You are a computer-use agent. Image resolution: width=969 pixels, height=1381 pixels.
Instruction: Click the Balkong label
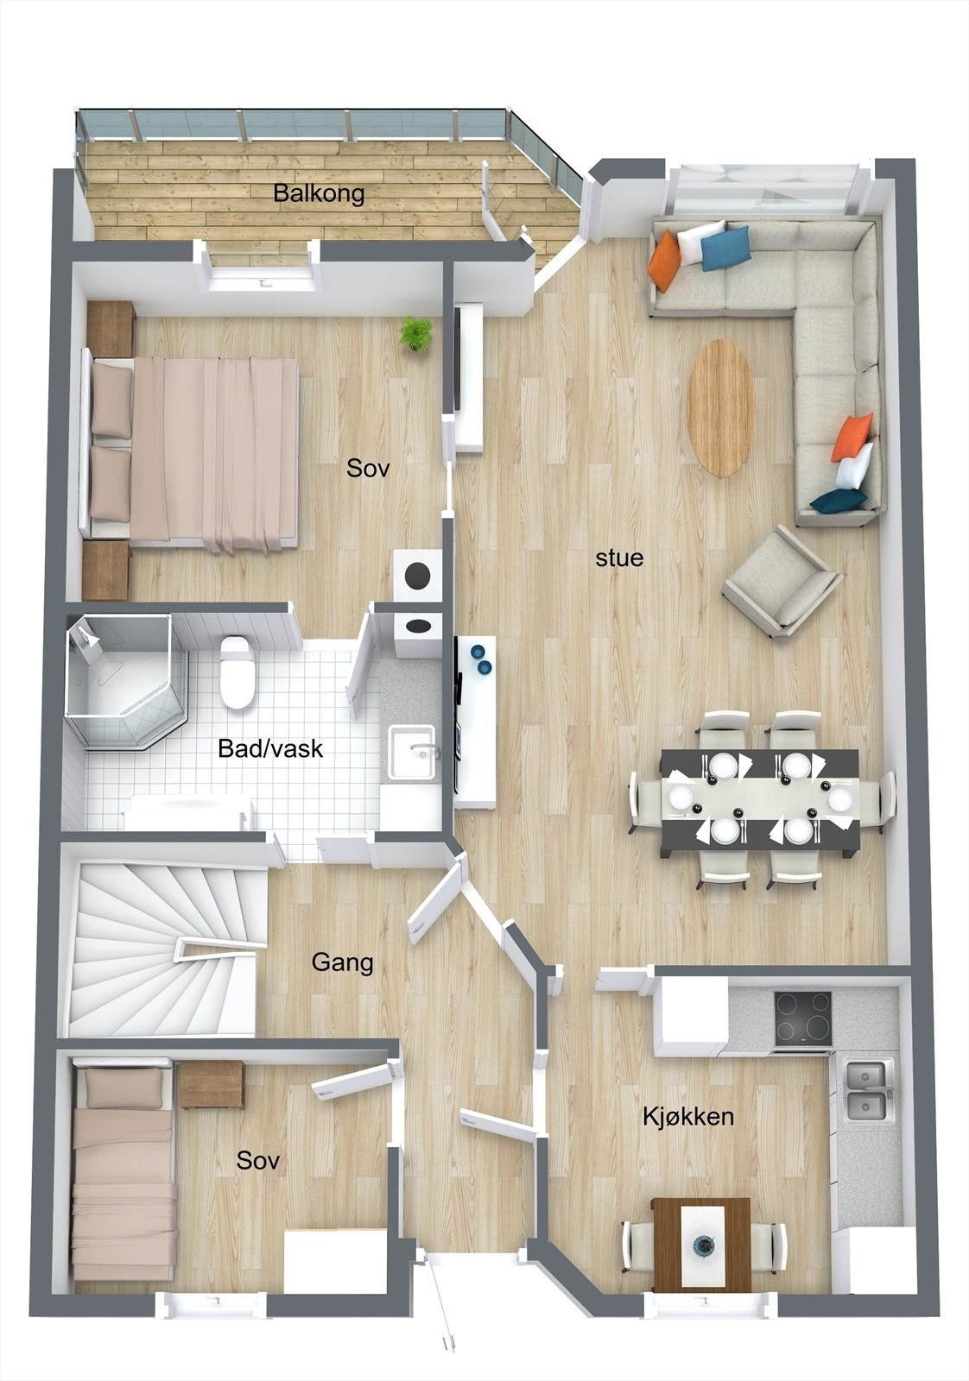point(319,193)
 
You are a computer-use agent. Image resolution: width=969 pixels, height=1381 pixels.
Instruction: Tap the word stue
point(619,558)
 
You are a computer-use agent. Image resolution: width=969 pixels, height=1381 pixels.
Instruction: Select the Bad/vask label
point(271,748)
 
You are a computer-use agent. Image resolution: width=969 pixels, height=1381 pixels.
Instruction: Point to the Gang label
point(342,962)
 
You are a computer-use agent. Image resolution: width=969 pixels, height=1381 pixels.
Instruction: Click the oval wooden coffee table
point(722,407)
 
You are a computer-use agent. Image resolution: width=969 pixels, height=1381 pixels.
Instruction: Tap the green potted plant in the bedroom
point(415,333)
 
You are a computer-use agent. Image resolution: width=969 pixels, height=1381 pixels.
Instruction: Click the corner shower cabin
point(126,681)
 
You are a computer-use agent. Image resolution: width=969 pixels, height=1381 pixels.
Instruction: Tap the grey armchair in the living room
point(782,583)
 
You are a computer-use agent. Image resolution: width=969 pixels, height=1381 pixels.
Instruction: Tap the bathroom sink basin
point(411,752)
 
